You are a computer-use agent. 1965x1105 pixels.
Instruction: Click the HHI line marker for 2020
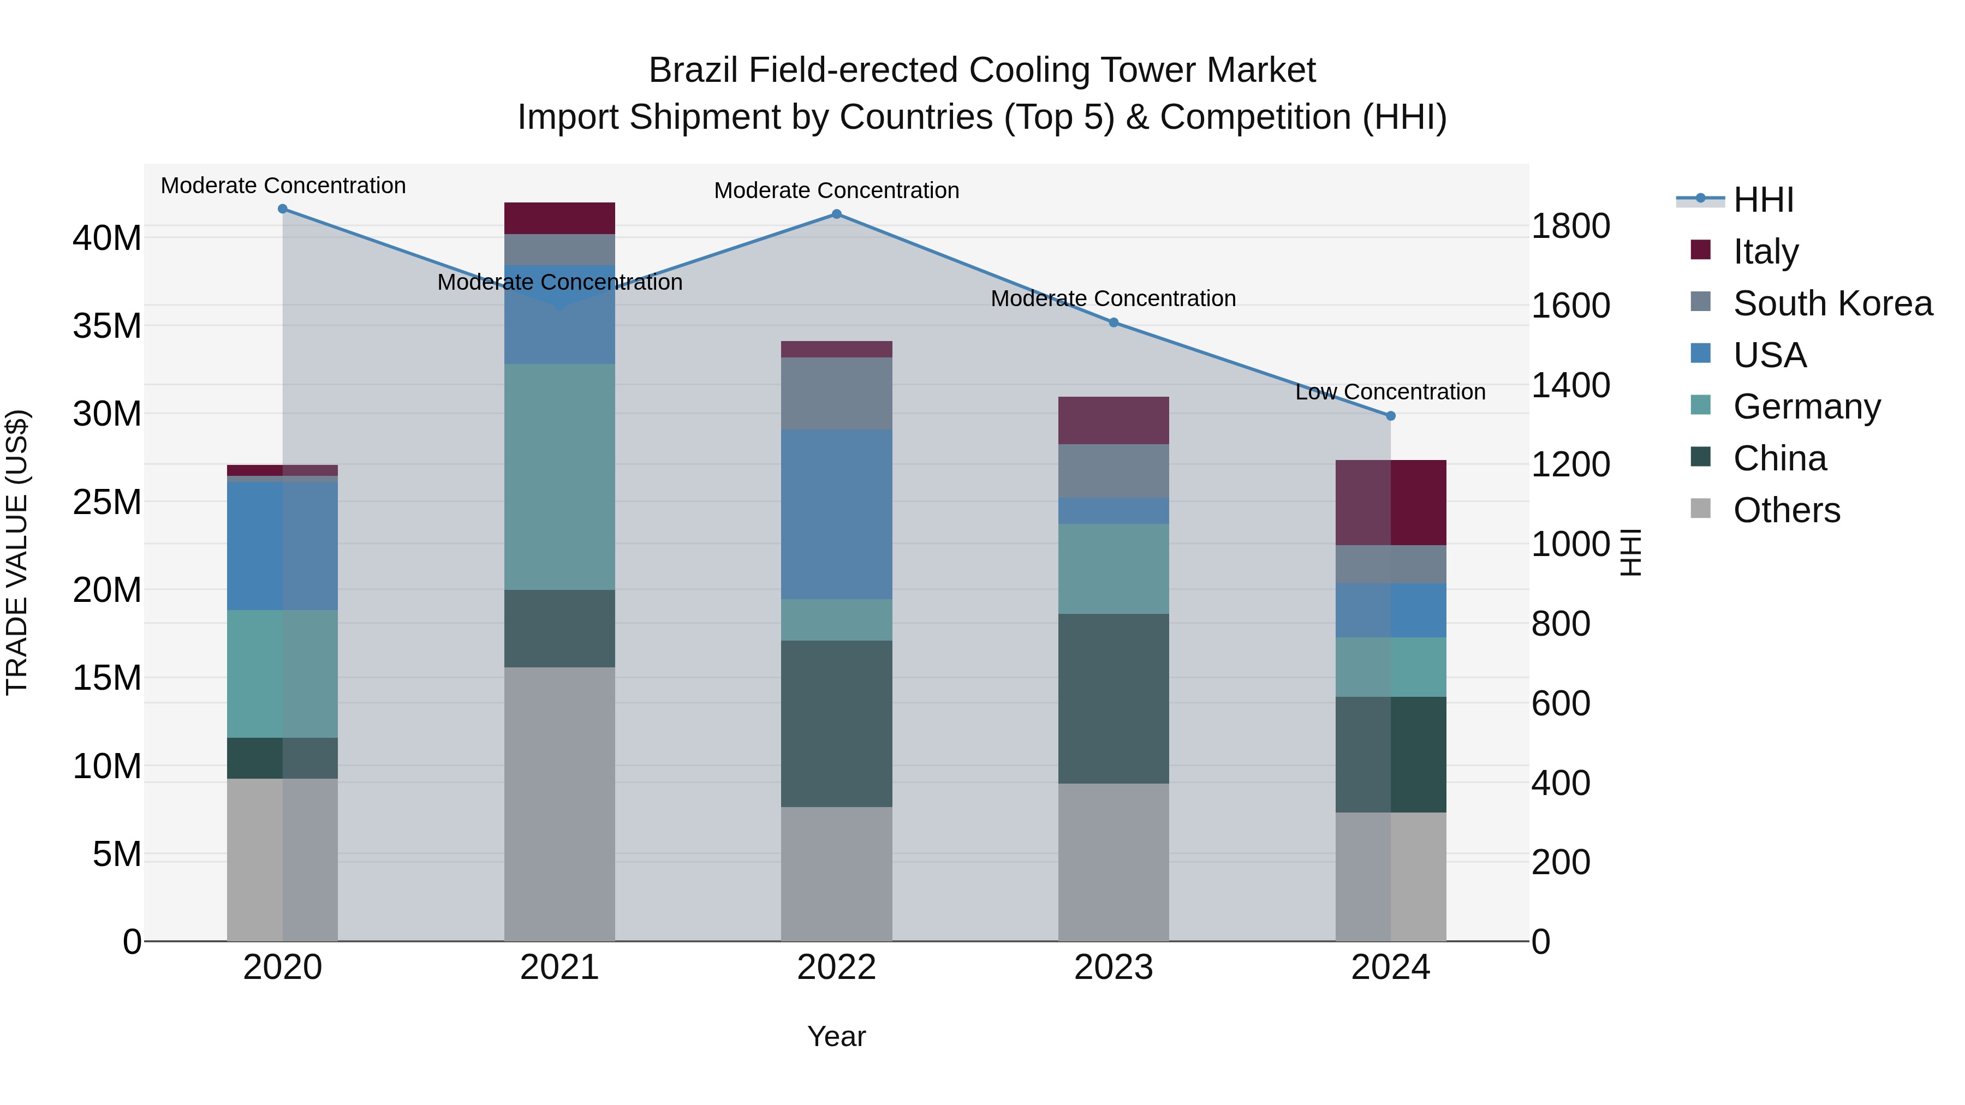pos(282,209)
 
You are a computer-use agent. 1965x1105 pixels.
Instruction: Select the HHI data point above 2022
pos(836,214)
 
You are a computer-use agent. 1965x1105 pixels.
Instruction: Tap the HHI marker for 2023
pos(1113,322)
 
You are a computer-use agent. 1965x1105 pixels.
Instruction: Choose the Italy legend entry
pos(1765,252)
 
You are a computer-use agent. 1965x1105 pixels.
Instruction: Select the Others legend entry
pos(1786,510)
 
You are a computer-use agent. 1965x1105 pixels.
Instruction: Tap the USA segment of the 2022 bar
pos(836,514)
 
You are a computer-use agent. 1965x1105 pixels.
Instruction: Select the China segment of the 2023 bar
pos(1113,698)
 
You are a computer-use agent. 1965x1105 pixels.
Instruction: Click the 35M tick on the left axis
pos(107,326)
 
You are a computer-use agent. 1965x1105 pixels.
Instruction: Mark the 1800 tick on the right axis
pos(1570,226)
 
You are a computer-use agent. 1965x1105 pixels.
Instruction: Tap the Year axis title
pos(836,1036)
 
